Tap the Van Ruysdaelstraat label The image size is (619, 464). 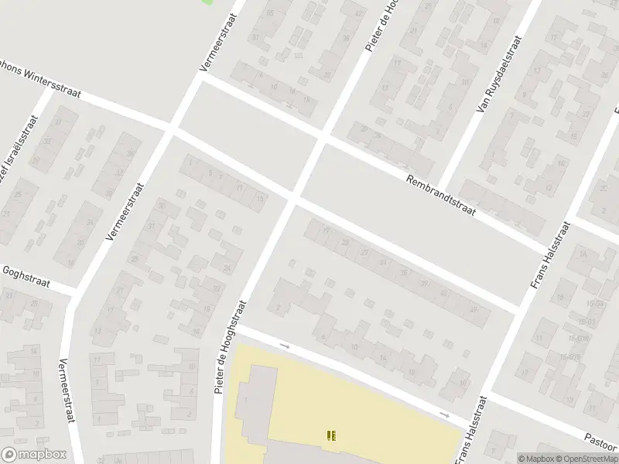coord(496,74)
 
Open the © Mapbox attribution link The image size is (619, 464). coord(535,459)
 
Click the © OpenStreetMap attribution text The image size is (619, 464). coord(587,459)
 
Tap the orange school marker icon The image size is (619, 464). coord(331,435)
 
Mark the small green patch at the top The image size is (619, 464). coord(207,2)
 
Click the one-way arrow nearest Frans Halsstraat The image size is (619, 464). coord(445,415)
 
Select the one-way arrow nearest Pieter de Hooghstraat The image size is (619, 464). coord(284,345)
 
